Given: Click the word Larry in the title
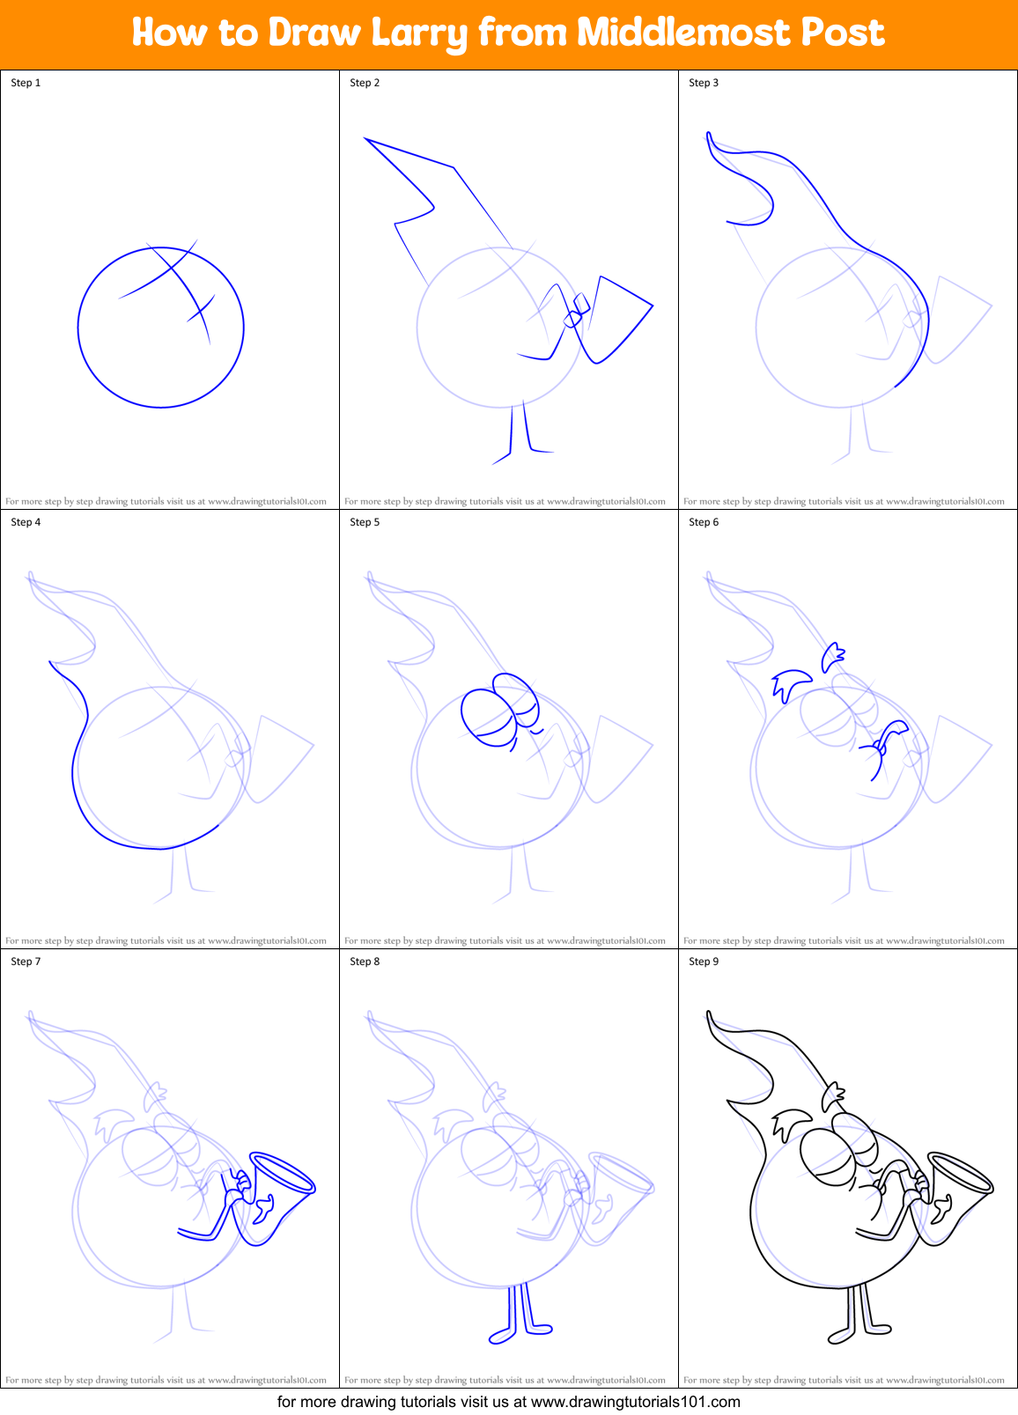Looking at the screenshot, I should [419, 33].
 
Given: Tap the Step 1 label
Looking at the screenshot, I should [26, 83].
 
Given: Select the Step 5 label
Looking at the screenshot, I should [365, 522].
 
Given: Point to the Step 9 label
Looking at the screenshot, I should [704, 962].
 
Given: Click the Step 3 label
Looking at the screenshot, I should [704, 83].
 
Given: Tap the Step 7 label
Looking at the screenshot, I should [26, 962].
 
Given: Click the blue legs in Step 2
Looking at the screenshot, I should [520, 436].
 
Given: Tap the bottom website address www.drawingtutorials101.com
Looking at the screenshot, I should [635, 1401].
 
